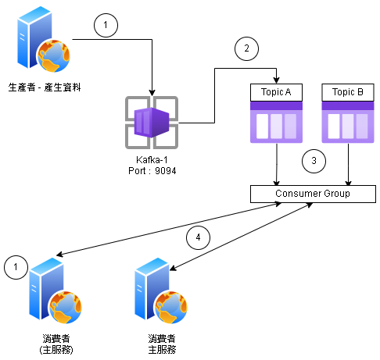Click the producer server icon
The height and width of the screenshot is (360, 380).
pos(44,39)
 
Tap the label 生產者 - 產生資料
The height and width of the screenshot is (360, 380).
pos(45,87)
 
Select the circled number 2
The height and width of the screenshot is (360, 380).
pos(246,48)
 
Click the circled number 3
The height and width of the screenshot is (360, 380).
pos(314,161)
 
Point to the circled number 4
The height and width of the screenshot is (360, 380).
pos(198,237)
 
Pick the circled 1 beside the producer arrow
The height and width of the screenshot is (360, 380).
pos(106,25)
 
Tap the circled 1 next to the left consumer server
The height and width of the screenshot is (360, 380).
pos(16,267)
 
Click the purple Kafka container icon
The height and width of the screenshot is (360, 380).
pos(152,123)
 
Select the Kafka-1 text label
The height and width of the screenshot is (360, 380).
pos(152,159)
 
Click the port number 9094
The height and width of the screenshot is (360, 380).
pos(166,171)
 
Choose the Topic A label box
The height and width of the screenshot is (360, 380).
pos(276,92)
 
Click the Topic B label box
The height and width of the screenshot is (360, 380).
pos(348,92)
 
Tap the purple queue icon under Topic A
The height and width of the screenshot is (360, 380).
pos(276,123)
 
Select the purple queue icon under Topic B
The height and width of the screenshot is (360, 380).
pos(348,123)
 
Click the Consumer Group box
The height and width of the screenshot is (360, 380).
pos(313,194)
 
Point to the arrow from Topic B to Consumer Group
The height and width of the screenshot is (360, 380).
pos(348,164)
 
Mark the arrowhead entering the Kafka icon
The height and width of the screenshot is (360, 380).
pos(152,93)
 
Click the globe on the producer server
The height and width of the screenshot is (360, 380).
pos(54,55)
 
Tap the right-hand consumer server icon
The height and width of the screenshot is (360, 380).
pos(161,290)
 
